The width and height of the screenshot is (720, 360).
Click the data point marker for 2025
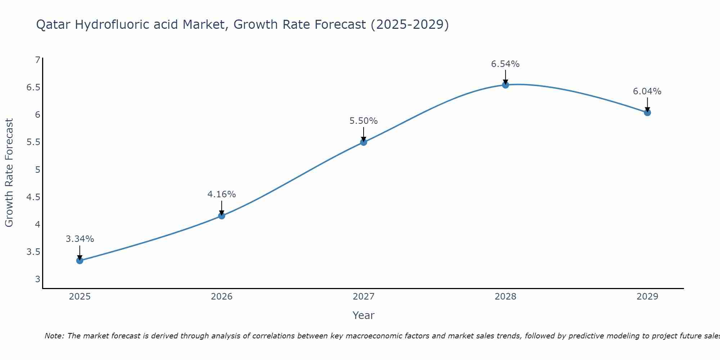(80, 260)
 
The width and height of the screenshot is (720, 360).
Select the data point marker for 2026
(222, 216)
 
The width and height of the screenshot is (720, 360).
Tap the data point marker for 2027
(364, 142)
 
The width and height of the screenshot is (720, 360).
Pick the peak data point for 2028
(505, 85)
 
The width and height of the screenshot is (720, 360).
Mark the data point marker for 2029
(647, 113)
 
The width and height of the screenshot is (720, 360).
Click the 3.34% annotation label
(80, 239)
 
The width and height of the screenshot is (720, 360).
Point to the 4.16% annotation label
(222, 194)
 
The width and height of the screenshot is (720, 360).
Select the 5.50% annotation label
(364, 121)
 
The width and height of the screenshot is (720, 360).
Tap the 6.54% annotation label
(505, 64)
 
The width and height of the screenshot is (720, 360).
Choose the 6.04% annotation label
(647, 91)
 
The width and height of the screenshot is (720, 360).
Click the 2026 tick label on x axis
(222, 297)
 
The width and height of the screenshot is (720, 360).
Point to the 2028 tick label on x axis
(505, 297)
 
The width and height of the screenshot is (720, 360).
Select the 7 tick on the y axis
(37, 60)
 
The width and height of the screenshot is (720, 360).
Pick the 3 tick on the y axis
(37, 279)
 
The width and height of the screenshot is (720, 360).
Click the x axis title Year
(364, 315)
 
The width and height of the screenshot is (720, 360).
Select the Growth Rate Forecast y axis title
(9, 173)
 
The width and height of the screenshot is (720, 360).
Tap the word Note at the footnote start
(54, 336)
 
